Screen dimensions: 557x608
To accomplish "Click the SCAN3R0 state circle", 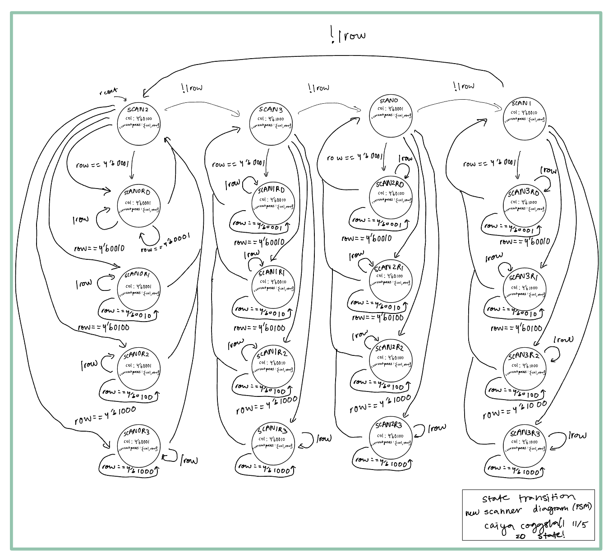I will pos(525,205).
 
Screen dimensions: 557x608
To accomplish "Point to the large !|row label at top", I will pos(348,35).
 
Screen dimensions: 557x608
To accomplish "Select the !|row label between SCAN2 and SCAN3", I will pos(192,87).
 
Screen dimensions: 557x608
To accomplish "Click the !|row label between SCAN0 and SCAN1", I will pos(464,86).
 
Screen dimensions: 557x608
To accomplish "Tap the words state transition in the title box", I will pos(525,498).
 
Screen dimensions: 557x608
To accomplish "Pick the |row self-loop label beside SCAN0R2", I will pos(89,364).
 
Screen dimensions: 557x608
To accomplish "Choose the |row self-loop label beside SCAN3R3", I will pos(577,436).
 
